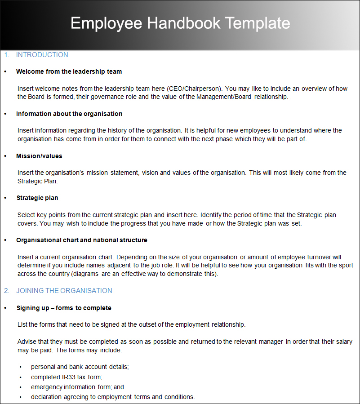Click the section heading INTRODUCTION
click(x=42, y=55)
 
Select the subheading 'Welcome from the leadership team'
click(x=69, y=71)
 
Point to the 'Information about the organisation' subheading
click(x=69, y=114)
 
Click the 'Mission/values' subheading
click(x=39, y=156)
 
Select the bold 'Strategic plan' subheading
click(x=37, y=198)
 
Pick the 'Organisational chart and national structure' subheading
click(x=82, y=240)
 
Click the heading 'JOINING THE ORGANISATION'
click(x=64, y=290)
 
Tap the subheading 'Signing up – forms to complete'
click(x=64, y=308)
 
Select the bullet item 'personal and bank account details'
click(x=80, y=367)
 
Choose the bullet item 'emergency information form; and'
click(x=77, y=387)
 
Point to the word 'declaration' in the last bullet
click(x=46, y=397)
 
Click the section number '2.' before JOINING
click(x=7, y=290)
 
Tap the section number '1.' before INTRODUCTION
click(x=6, y=55)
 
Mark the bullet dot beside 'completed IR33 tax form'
click(x=20, y=377)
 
